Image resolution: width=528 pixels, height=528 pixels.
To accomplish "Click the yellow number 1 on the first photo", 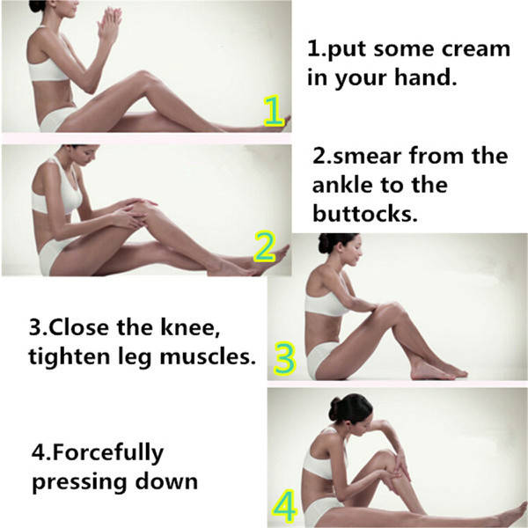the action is click(274, 111).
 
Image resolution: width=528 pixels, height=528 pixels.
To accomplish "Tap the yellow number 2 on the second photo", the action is click(265, 246).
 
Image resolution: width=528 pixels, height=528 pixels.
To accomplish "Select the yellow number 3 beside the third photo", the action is click(284, 359).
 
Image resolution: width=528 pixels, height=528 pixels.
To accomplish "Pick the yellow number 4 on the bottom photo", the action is click(284, 507).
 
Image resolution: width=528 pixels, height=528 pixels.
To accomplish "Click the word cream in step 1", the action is click(476, 48).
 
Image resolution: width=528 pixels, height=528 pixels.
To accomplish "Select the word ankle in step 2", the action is click(342, 185).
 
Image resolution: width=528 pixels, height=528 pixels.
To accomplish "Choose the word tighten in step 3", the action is click(69, 357).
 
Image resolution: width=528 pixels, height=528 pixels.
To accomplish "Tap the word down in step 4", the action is click(166, 481).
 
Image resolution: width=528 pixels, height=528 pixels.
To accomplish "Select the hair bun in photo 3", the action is click(324, 243).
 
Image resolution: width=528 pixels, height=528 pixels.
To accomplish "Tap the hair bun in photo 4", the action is click(334, 408).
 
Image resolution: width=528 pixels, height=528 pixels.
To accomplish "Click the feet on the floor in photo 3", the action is click(437, 370).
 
